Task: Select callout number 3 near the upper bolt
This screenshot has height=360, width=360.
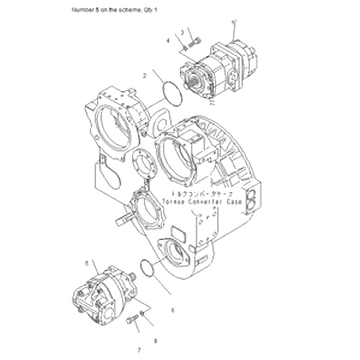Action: tap(182, 32)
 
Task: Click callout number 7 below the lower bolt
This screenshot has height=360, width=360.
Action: tap(127, 349)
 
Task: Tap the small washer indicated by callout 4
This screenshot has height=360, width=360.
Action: tap(184, 48)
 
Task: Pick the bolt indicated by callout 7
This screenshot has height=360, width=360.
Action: tap(130, 320)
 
